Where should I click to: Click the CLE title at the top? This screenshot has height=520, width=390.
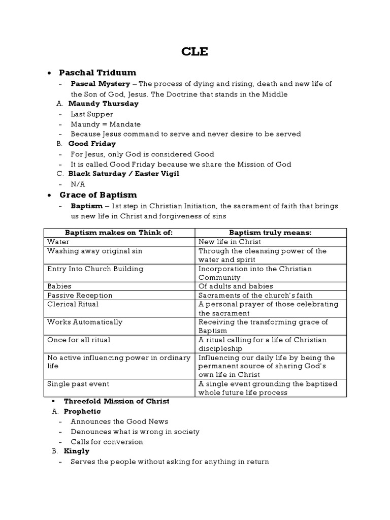pyautogui.click(x=194, y=52)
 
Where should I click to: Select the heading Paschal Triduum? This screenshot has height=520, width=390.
pyautogui.click(x=97, y=73)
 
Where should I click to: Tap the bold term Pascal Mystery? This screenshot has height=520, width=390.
pyautogui.click(x=100, y=84)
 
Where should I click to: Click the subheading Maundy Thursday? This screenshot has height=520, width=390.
pyautogui.click(x=103, y=104)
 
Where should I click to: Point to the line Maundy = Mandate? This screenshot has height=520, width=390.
pyautogui.click(x=106, y=124)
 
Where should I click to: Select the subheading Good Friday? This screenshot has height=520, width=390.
pyautogui.click(x=92, y=144)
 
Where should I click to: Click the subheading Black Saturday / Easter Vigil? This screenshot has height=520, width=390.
pyautogui.click(x=123, y=174)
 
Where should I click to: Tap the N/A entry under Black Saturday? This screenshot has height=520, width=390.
pyautogui.click(x=78, y=184)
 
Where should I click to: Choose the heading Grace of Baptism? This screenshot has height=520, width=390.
pyautogui.click(x=98, y=195)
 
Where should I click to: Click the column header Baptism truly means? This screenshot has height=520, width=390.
pyautogui.click(x=270, y=233)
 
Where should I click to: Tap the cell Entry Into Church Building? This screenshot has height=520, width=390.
pyautogui.click(x=95, y=269)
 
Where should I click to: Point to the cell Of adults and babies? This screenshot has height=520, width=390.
pyautogui.click(x=236, y=286)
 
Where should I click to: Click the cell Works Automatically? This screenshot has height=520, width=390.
pyautogui.click(x=84, y=322)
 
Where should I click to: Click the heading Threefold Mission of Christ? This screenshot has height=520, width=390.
pyautogui.click(x=116, y=401)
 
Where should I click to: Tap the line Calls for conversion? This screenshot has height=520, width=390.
pyautogui.click(x=107, y=442)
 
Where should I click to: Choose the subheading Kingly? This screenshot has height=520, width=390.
pyautogui.click(x=76, y=451)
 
